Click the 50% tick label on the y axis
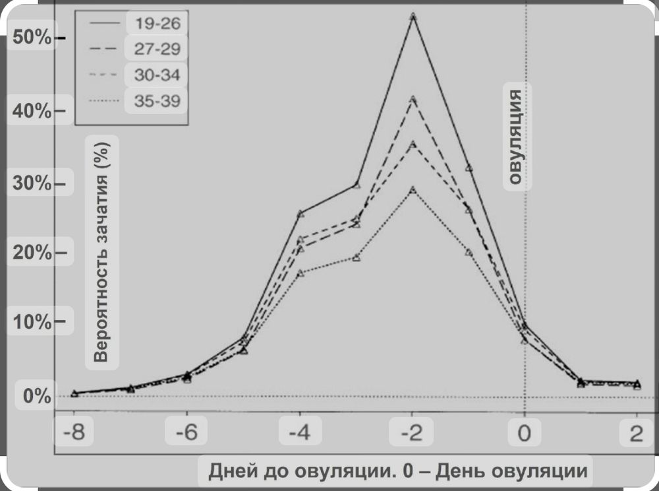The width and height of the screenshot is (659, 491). (x=32, y=38)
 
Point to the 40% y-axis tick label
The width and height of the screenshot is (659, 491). (x=32, y=111)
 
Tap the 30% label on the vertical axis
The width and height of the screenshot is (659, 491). (x=32, y=183)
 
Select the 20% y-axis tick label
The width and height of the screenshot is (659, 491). (x=32, y=253)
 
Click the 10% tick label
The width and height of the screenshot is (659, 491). (x=32, y=323)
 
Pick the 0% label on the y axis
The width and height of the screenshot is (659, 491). (x=36, y=396)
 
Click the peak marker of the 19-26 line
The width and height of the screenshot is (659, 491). (x=413, y=16)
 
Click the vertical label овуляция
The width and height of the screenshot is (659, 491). (x=517, y=137)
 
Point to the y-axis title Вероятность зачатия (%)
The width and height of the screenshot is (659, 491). (x=101, y=253)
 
